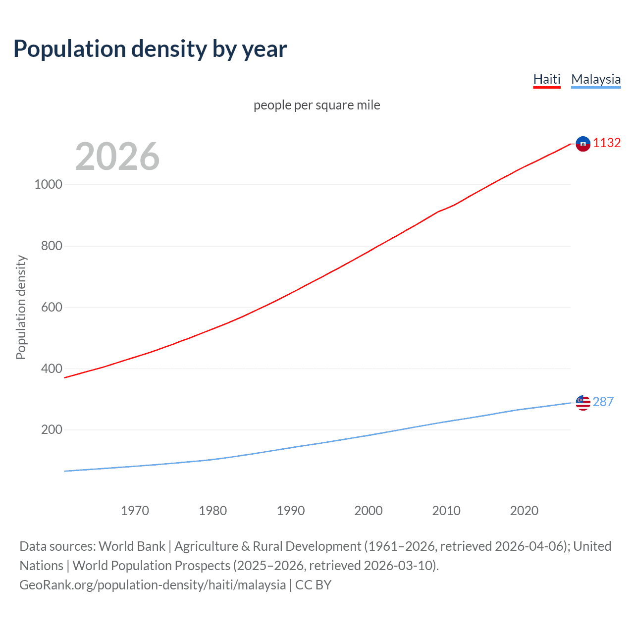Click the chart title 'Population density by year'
click(x=150, y=49)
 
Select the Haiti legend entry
click(x=547, y=79)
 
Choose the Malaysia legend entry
click(x=596, y=79)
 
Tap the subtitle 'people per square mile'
click(x=317, y=105)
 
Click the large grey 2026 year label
click(x=117, y=157)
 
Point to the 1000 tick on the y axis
click(x=49, y=184)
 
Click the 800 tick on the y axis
click(x=52, y=246)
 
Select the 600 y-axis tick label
click(x=52, y=307)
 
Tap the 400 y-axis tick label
click(x=52, y=369)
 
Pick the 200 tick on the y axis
click(x=52, y=429)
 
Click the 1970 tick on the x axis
click(x=135, y=511)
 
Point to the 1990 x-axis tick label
click(x=291, y=511)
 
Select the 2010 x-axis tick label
click(x=446, y=511)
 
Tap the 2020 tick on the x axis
click(x=524, y=511)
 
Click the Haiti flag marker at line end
click(x=583, y=144)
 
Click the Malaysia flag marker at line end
click(x=583, y=403)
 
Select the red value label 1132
click(x=607, y=143)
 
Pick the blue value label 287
click(x=603, y=402)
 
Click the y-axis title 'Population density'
click(x=21, y=307)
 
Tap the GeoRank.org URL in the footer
click(x=153, y=585)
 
